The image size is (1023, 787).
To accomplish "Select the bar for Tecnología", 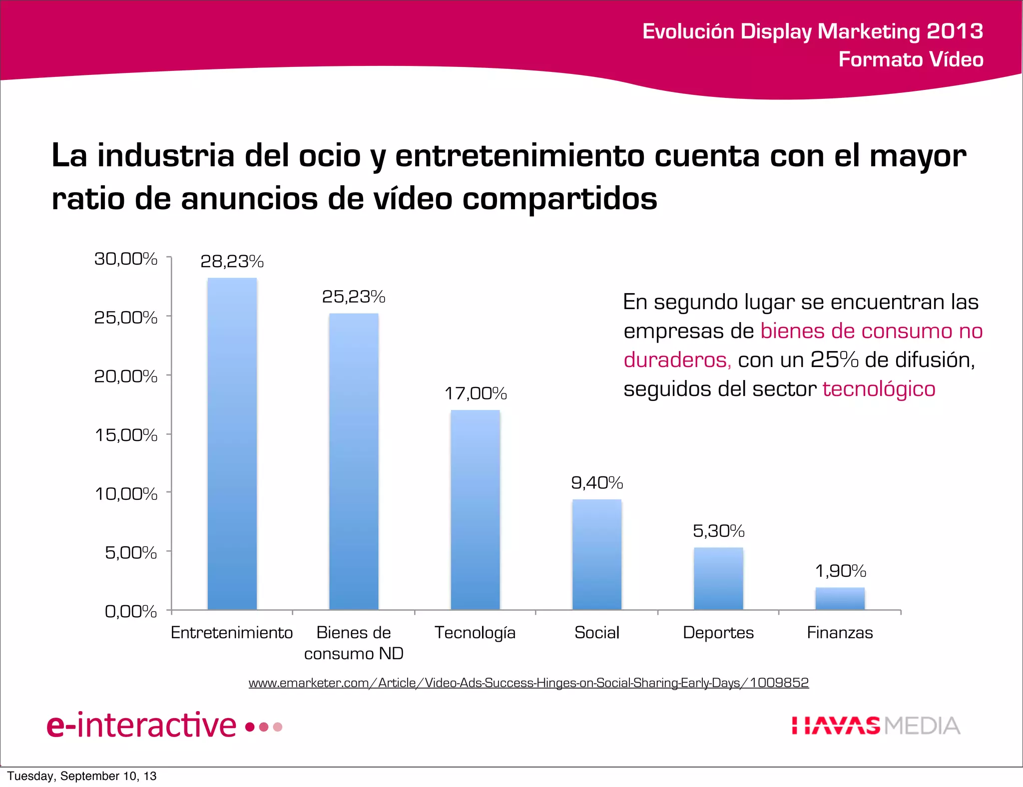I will point(475,509).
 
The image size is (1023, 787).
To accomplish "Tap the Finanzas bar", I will point(840,598).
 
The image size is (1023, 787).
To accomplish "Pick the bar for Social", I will point(596,554).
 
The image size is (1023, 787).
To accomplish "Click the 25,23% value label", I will point(353,297).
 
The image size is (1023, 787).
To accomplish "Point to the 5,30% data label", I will point(718,531).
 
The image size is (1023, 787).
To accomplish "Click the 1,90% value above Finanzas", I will point(840,571).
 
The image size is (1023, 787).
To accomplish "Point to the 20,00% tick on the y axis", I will point(126,376).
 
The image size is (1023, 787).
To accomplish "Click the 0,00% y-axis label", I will point(131,611).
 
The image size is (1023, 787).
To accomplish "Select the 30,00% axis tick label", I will point(126,259).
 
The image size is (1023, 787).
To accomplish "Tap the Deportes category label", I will point(718,633).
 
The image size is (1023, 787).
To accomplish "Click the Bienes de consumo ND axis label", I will point(353,643).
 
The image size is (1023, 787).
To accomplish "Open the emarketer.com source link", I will point(528,683).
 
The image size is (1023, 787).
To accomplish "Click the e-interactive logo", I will point(164,725).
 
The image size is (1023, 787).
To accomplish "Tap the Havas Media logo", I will point(876,726).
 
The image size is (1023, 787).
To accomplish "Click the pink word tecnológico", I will point(879,389).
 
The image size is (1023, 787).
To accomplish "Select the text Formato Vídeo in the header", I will point(911,59).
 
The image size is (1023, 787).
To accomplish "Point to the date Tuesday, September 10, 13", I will point(82,776).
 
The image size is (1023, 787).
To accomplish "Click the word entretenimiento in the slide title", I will point(520,156).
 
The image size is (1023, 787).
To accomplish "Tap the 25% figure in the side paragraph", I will point(834,360).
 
